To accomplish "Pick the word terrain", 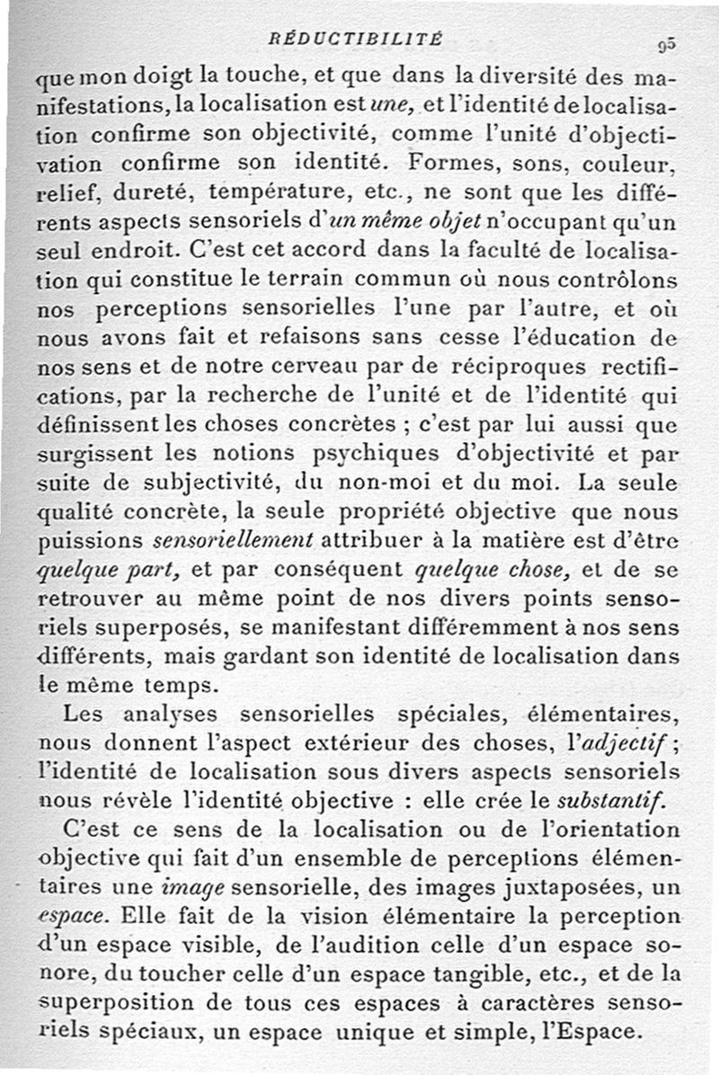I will [342, 280].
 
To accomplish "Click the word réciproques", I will [484, 367].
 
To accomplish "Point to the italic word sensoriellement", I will [233, 541].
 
